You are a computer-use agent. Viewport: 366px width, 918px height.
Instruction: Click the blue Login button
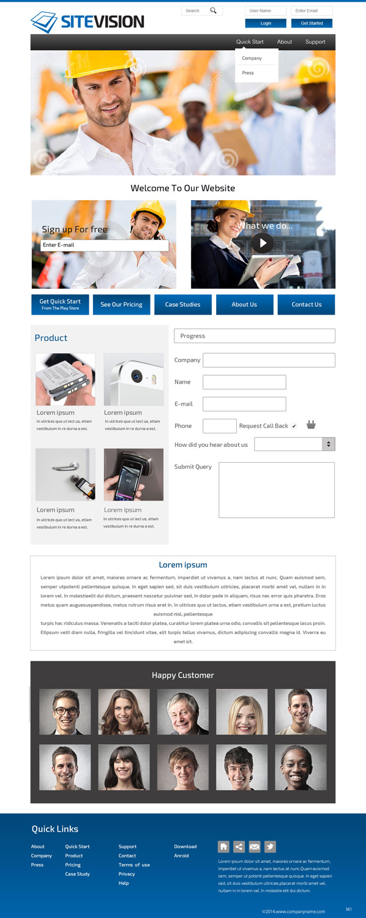(266, 23)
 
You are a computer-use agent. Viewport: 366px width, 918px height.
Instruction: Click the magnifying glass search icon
(213, 10)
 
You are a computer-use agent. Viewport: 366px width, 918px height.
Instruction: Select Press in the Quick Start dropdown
(248, 73)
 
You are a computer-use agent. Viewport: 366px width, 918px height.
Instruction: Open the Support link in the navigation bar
(315, 42)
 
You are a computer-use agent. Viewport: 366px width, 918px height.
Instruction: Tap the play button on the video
(263, 243)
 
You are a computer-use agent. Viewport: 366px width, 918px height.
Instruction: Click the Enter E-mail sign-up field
(104, 245)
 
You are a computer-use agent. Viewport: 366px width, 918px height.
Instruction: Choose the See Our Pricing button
(121, 304)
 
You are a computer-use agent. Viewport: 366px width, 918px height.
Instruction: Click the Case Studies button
(182, 304)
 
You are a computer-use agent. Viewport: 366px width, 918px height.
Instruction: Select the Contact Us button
(306, 304)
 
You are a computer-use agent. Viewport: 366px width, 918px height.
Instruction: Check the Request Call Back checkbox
(294, 426)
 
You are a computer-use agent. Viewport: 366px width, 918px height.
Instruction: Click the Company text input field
(269, 360)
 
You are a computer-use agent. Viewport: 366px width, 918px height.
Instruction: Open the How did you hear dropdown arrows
(329, 444)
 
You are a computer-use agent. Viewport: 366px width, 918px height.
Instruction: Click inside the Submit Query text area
(277, 490)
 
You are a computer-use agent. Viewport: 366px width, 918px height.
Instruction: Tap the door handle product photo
(65, 474)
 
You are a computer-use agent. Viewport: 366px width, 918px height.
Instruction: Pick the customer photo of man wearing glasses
(65, 712)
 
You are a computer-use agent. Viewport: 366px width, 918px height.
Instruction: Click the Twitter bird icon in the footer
(270, 846)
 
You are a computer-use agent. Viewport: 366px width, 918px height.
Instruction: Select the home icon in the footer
(224, 846)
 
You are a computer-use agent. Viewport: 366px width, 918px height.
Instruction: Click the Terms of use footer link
(134, 865)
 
